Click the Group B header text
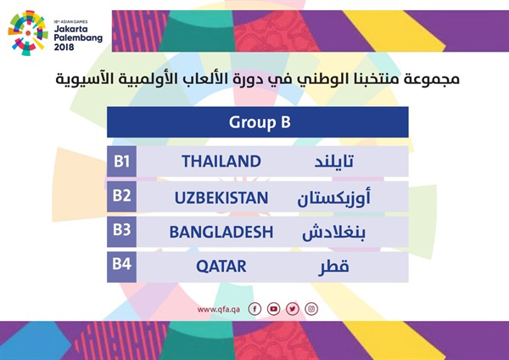point(260,123)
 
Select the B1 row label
point(121,161)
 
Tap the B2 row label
point(121,195)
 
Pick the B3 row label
point(121,230)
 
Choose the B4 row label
point(121,264)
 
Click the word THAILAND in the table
point(221,161)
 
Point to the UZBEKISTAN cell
point(221,198)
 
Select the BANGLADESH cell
point(221,232)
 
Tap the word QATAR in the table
point(221,267)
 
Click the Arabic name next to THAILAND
point(334,161)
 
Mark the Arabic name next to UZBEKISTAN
point(333,198)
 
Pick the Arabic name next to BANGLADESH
point(333,232)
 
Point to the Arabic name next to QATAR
point(333,267)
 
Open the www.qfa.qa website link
point(219,309)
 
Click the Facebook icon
point(255,309)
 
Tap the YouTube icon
point(274,309)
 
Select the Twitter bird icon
point(293,309)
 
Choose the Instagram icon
point(311,309)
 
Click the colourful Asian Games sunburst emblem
point(28,33)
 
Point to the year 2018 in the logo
point(64,47)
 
